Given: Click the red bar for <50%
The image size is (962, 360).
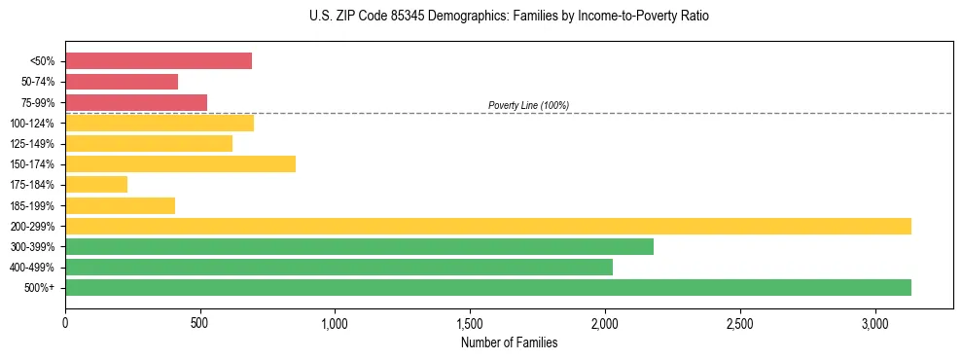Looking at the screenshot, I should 159,61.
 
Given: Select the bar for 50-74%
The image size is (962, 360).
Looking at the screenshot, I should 122,82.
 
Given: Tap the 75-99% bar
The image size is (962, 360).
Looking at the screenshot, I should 136,102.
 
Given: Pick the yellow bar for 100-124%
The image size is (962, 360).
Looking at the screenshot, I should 160,123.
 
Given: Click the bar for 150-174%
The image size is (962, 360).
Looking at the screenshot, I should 180,163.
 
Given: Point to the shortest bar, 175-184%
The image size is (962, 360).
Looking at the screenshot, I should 96,184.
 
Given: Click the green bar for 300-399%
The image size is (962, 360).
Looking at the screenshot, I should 359,246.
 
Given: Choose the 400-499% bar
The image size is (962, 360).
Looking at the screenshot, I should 338,267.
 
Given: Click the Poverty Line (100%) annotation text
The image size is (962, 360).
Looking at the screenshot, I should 528,105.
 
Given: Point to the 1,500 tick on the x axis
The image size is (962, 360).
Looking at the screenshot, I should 470,322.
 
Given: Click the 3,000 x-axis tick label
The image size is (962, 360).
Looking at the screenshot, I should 874,322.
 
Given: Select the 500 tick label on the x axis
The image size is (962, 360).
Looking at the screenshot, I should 200,322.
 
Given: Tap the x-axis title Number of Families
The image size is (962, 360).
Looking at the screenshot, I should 509,342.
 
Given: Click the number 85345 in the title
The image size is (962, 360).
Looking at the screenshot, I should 393,17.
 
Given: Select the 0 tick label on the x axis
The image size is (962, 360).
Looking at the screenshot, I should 65,322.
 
